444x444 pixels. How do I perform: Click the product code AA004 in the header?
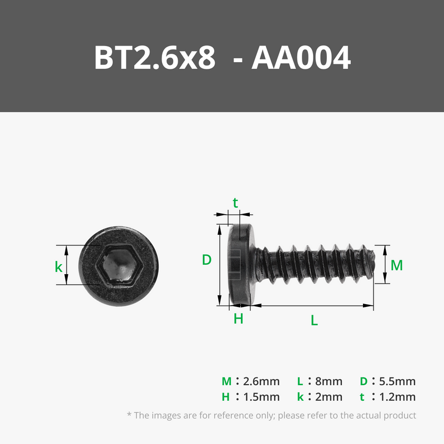pos(301,58)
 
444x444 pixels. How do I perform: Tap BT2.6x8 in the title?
pos(155,58)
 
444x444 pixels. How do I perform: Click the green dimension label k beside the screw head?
pos(58,267)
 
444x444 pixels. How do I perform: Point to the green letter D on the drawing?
pos(206,260)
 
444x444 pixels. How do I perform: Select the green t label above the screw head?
pos(235,203)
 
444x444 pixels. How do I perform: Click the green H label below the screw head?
pos(239,319)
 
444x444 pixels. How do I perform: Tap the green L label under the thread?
pos(314,320)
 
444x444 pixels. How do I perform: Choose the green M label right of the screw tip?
pos(396,265)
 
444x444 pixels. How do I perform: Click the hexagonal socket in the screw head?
pos(119,266)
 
